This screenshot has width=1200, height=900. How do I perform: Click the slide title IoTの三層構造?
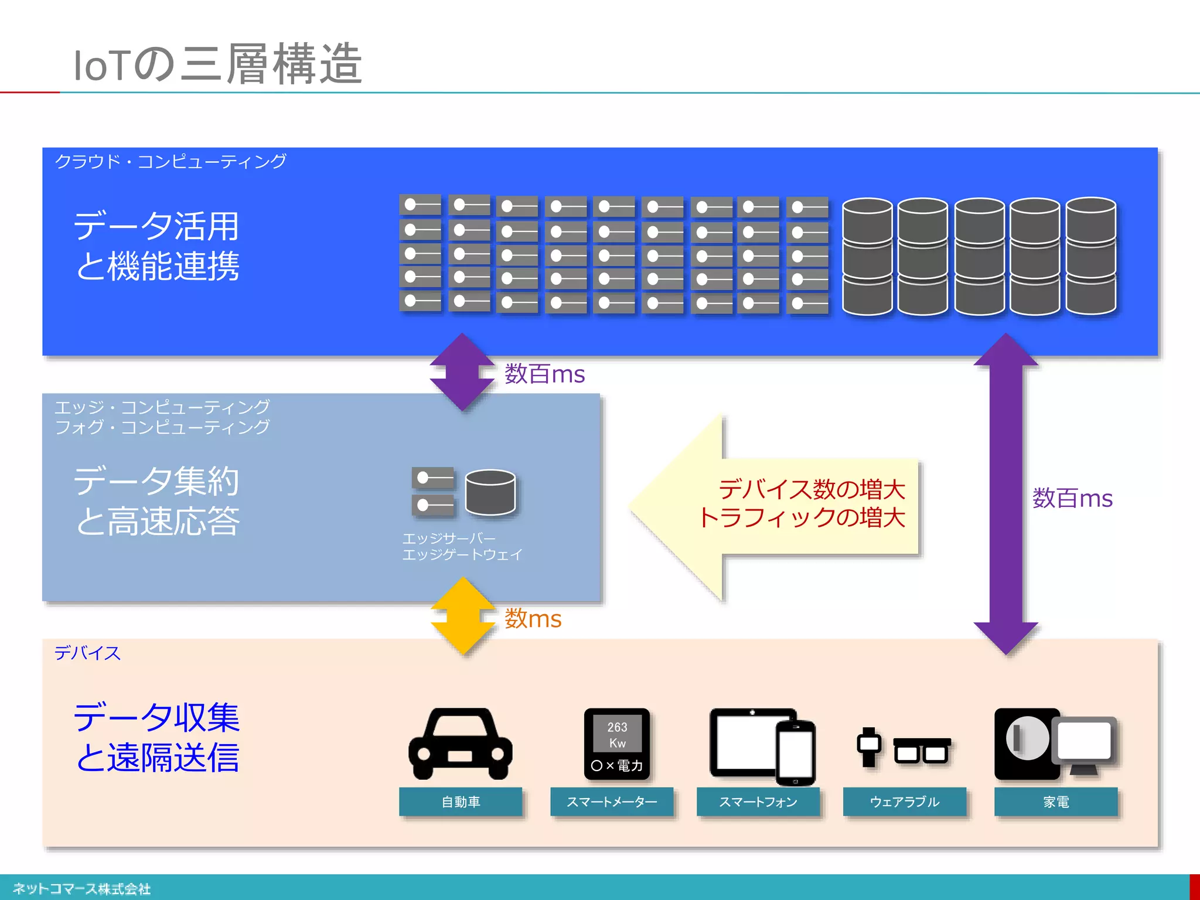point(217,64)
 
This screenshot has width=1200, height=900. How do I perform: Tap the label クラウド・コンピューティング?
point(170,161)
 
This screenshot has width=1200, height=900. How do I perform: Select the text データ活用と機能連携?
point(156,246)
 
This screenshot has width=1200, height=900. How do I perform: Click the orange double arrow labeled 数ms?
point(463,616)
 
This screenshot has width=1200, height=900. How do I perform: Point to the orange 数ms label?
point(533,619)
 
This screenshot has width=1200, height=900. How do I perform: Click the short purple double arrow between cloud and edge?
point(462,372)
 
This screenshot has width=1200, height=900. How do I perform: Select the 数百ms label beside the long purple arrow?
point(1072,499)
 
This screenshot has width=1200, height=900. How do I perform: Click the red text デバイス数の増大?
point(812,489)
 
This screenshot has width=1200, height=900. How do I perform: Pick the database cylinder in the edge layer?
point(490,492)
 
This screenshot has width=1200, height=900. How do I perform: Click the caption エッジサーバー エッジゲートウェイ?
point(462,546)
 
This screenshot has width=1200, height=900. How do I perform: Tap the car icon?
point(461,744)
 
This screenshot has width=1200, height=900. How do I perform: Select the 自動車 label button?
point(461,802)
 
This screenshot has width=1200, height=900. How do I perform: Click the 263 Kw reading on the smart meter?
point(617,735)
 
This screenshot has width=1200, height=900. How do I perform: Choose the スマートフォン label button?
point(758,802)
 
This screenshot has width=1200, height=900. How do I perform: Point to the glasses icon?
point(922,751)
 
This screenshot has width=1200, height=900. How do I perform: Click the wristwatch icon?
point(869,746)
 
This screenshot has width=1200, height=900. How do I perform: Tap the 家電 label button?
point(1056,802)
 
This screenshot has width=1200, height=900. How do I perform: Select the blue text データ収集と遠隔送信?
point(156,737)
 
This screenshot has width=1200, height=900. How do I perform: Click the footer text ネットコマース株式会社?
point(81,889)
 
